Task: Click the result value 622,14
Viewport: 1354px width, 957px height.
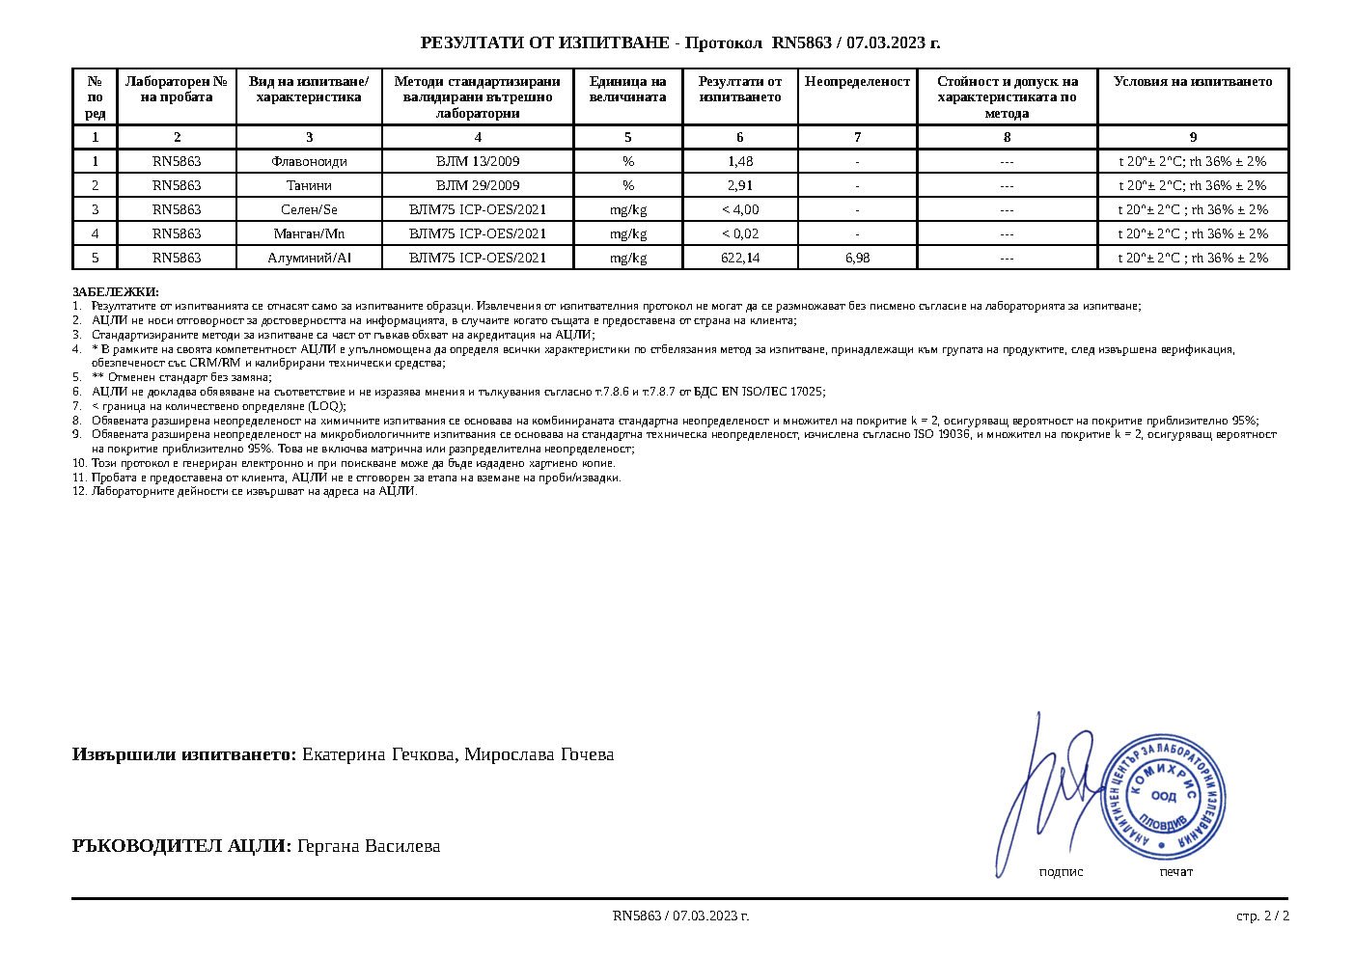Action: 740,258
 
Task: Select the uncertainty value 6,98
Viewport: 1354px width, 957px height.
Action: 857,258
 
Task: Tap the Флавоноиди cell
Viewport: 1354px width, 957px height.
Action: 309,161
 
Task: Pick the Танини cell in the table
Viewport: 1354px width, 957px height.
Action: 309,185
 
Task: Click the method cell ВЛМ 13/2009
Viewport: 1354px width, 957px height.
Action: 478,161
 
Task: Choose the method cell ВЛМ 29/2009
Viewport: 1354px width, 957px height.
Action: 478,185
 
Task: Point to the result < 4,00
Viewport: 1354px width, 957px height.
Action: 740,209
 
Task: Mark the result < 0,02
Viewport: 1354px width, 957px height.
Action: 740,233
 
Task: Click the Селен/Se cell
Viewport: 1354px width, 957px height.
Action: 309,209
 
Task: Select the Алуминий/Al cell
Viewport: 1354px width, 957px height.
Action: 309,258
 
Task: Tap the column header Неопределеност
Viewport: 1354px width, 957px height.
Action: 857,82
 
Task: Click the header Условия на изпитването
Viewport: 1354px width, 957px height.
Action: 1193,82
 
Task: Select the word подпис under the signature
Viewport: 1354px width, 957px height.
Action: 1061,872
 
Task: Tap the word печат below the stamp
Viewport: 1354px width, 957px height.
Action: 1175,872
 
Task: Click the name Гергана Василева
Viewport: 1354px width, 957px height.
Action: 369,846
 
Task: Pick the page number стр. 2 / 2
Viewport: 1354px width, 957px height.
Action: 1262,916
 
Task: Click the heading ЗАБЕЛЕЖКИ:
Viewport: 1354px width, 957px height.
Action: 116,292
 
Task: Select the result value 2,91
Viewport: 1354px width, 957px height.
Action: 740,185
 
